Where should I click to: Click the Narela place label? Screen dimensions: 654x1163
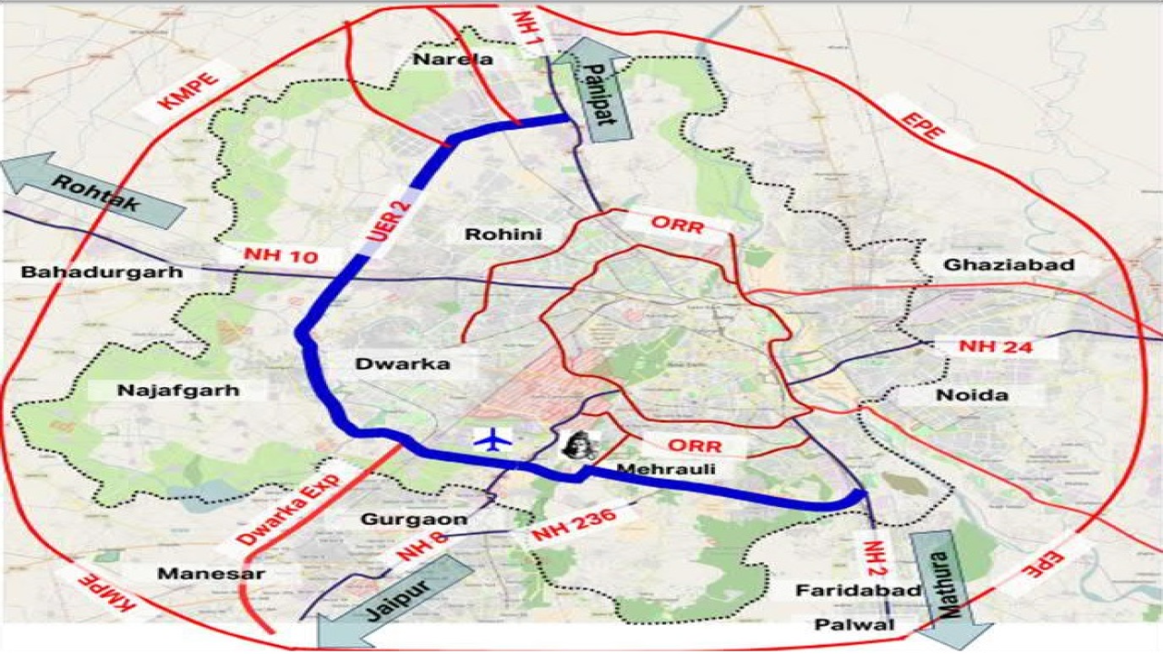[452, 60]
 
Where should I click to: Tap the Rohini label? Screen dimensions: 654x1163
[502, 234]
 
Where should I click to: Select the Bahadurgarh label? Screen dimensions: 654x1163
[102, 272]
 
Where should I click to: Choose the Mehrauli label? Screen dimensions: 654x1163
[665, 470]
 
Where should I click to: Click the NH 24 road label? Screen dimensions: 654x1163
[996, 347]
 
